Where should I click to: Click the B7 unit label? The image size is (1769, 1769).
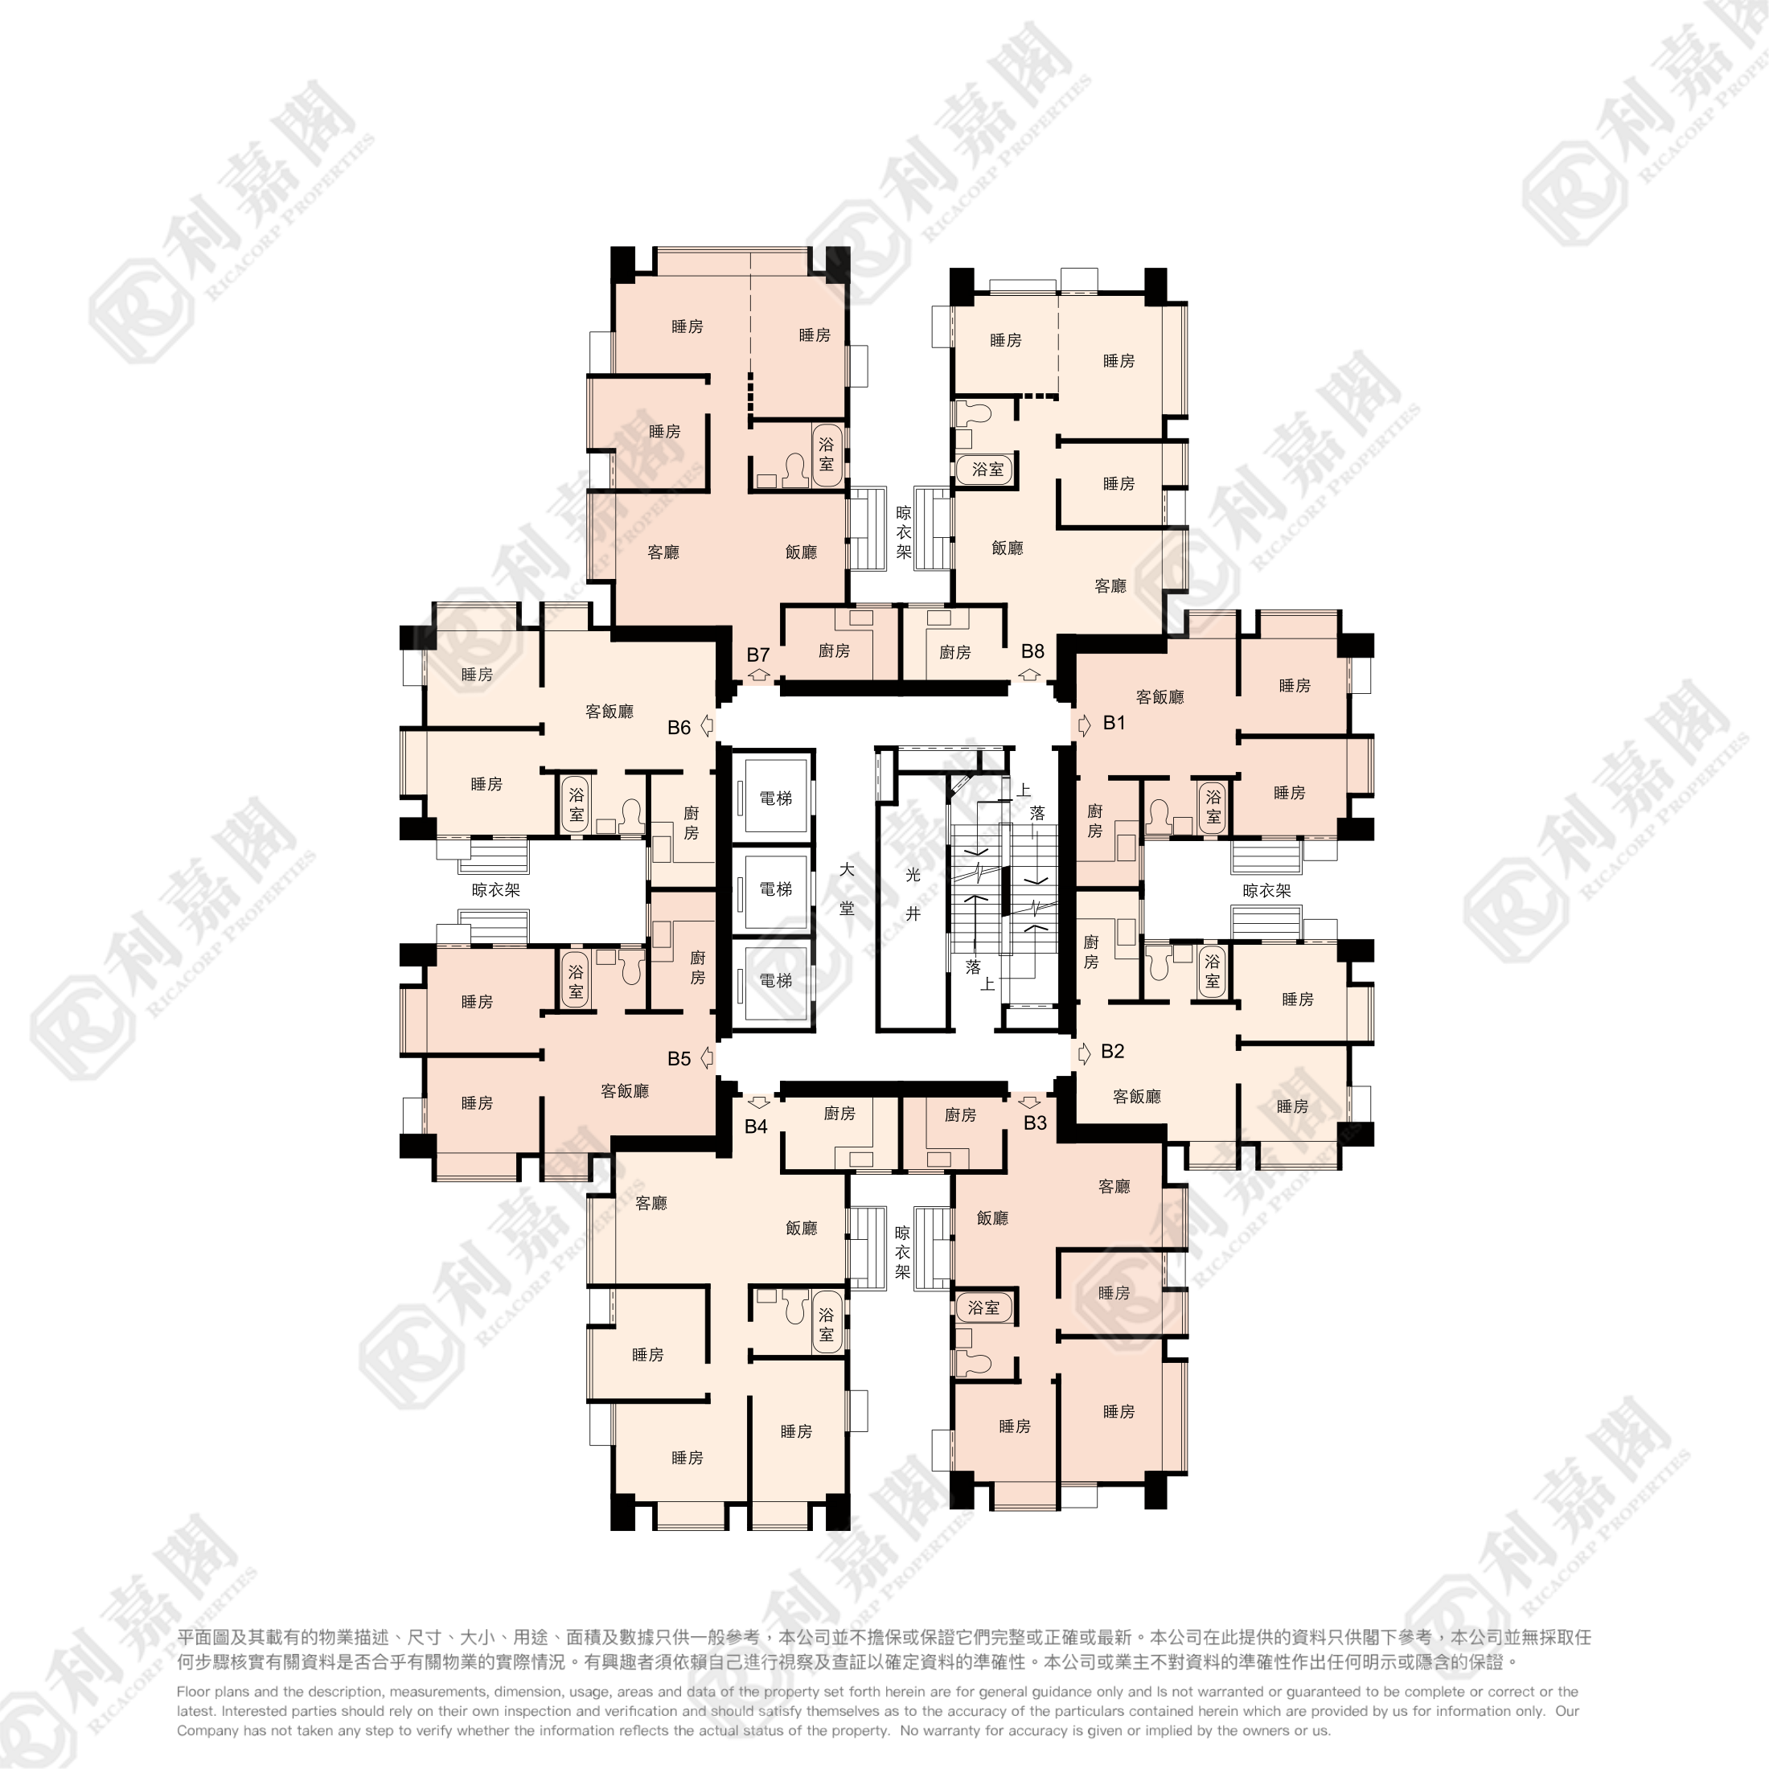(757, 655)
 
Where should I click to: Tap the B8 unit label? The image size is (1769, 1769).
(1032, 651)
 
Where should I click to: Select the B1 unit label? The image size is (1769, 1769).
(1114, 722)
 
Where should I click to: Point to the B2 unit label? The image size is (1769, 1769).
(1113, 1051)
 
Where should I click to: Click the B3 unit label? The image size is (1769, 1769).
(1035, 1123)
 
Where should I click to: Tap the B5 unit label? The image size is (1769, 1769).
(679, 1058)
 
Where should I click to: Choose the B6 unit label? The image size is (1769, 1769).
(679, 727)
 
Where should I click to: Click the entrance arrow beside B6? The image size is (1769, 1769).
(707, 726)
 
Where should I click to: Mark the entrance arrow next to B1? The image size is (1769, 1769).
(1085, 725)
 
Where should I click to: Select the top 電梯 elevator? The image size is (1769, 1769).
(774, 798)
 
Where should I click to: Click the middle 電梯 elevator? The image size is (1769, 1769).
(774, 889)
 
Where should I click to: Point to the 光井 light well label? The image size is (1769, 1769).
(913, 893)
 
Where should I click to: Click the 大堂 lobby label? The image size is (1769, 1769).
(847, 889)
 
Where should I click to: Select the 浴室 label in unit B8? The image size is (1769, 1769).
(987, 469)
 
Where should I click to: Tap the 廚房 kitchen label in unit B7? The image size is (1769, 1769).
(833, 651)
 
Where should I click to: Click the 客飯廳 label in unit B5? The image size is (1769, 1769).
(625, 1090)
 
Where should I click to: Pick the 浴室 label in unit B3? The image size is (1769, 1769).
(983, 1307)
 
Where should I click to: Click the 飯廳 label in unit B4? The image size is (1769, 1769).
(800, 1228)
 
